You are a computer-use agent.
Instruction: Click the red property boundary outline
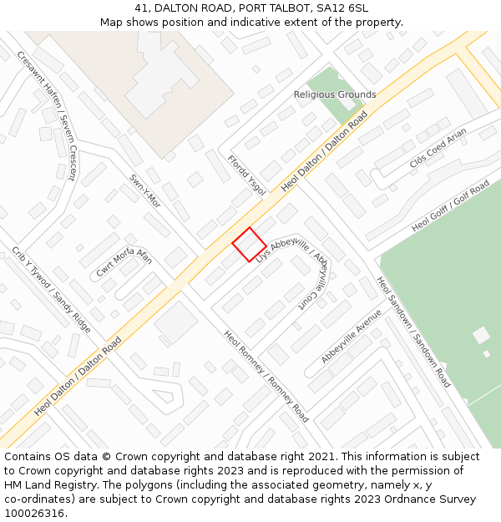(x=249, y=245)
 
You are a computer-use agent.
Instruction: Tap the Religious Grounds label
(x=335, y=94)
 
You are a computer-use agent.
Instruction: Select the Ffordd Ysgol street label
(x=247, y=175)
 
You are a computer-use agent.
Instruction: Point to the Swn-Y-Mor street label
(x=144, y=191)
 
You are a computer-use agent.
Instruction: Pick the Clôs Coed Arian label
(x=438, y=148)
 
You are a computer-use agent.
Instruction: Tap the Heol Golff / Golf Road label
(x=451, y=205)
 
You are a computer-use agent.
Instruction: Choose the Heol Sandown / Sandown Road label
(x=413, y=332)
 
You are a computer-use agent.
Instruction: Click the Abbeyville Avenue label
(x=352, y=336)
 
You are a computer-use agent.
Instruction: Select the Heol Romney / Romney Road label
(x=266, y=376)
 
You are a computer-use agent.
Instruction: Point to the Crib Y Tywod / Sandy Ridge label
(x=51, y=290)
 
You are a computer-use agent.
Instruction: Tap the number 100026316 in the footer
(x=34, y=513)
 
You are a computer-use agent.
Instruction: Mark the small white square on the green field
(x=481, y=336)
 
